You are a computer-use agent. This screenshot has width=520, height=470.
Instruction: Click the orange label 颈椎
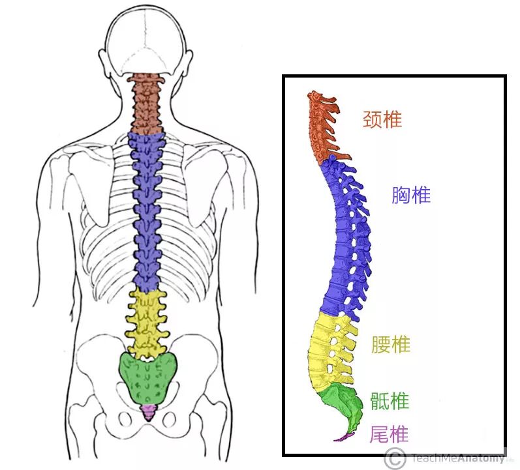coord(382,119)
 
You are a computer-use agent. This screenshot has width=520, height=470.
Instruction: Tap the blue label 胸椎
coord(411,194)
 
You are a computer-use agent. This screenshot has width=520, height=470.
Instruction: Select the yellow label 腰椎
coord(390,345)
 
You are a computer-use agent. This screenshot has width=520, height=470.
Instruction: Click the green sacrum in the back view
coord(149,379)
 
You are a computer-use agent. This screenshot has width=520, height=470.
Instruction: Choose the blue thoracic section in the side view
coord(343,241)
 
